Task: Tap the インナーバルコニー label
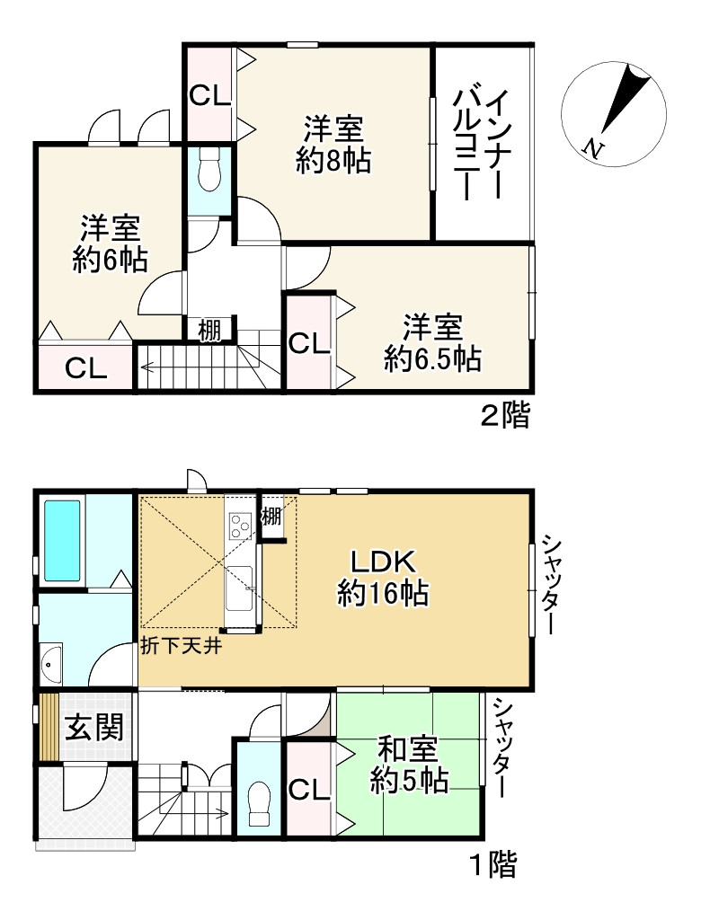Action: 482,144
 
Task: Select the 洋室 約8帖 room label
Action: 333,146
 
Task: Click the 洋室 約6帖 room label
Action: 111,243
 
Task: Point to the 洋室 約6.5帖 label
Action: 432,342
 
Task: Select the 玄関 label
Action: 92,726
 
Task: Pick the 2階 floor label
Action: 504,416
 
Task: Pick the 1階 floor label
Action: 493,865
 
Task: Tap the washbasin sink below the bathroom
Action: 51,662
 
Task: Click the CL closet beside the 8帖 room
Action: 209,95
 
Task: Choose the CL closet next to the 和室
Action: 309,789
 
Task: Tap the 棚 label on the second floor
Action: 209,331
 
